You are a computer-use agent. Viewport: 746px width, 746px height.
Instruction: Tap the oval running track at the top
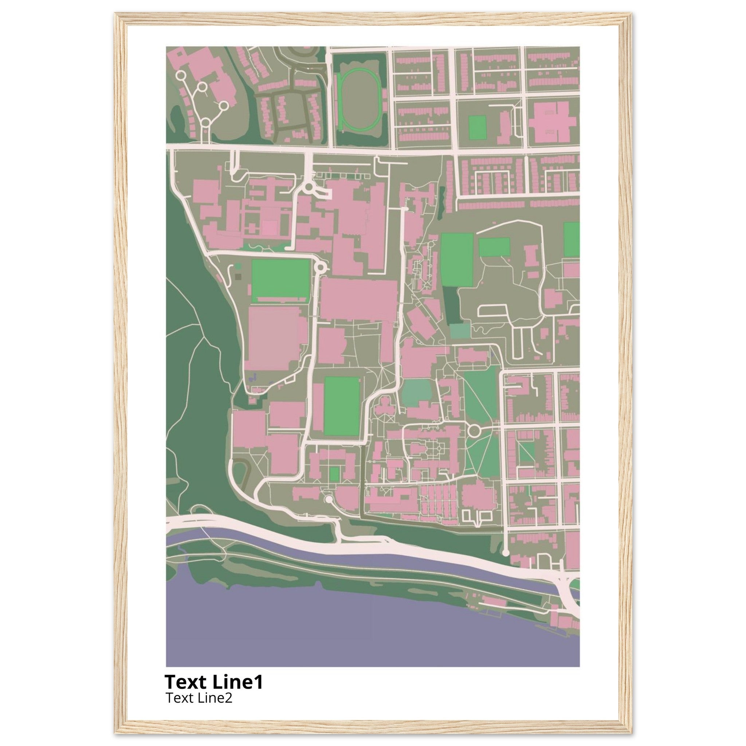tap(359, 101)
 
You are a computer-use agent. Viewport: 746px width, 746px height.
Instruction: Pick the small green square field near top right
tap(477, 127)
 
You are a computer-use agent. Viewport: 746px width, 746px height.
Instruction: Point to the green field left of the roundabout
tap(280, 280)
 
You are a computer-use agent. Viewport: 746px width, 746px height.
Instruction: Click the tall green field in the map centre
tap(342, 405)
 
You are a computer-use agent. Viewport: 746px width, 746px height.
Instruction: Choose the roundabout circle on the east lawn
tap(474, 429)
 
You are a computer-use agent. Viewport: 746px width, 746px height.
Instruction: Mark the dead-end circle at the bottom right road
tap(506, 553)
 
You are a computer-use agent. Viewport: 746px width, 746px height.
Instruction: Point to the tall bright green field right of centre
tap(457, 259)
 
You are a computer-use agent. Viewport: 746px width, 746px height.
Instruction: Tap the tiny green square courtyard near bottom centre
tap(335, 474)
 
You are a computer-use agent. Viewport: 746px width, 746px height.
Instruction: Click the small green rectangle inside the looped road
tap(494, 247)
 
